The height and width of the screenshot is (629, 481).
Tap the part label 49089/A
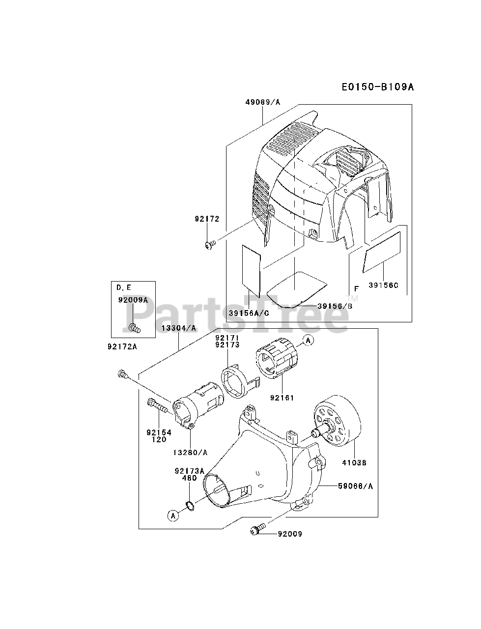(x=262, y=102)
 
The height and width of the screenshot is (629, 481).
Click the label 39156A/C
(x=248, y=313)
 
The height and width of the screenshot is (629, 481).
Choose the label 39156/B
(x=335, y=306)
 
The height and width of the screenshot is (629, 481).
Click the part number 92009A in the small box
(x=132, y=300)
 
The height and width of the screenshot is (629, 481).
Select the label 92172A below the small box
(x=122, y=346)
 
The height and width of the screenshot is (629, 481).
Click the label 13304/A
(x=179, y=328)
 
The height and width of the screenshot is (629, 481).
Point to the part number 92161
(x=282, y=398)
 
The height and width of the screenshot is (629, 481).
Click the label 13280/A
(x=190, y=452)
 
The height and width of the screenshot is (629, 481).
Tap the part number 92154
(x=158, y=432)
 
